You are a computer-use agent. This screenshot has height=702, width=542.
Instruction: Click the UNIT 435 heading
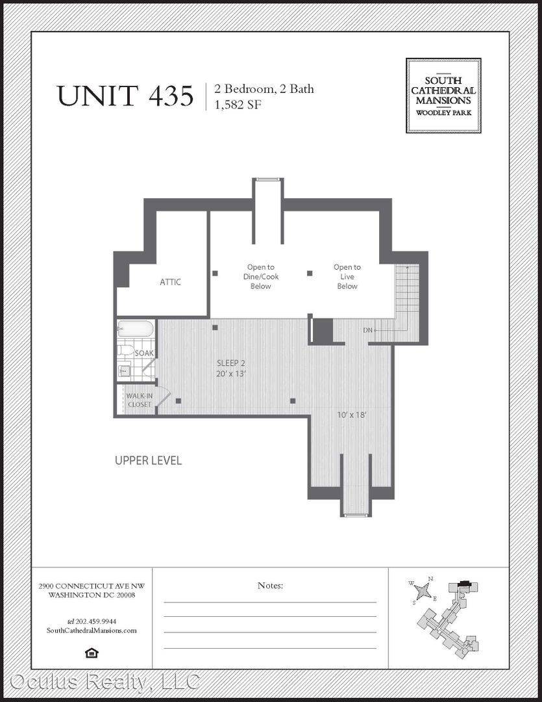(125, 96)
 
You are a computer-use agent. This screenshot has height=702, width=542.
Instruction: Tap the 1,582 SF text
(238, 105)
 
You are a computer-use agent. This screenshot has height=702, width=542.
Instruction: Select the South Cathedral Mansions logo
(443, 96)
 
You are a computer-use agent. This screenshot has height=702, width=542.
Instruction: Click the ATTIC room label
(170, 281)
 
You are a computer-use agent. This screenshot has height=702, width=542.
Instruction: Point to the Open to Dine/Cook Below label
(261, 276)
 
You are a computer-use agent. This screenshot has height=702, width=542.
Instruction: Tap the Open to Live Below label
(347, 276)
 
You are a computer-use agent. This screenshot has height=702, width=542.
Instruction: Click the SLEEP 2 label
(231, 363)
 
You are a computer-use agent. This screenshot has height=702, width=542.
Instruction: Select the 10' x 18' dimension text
(352, 415)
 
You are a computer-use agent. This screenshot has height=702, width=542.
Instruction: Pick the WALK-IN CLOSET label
(140, 400)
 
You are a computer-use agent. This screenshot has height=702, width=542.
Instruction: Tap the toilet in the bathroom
(126, 350)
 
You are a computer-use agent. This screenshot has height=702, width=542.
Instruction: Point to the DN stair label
(367, 330)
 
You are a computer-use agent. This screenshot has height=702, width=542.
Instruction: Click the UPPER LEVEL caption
(148, 461)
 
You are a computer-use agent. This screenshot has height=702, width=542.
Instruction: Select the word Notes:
(270, 585)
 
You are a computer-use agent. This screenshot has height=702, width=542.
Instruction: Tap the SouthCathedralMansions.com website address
(92, 630)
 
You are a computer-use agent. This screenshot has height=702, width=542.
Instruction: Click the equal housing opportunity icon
(92, 653)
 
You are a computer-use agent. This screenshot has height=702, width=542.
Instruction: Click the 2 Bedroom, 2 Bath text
(264, 88)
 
